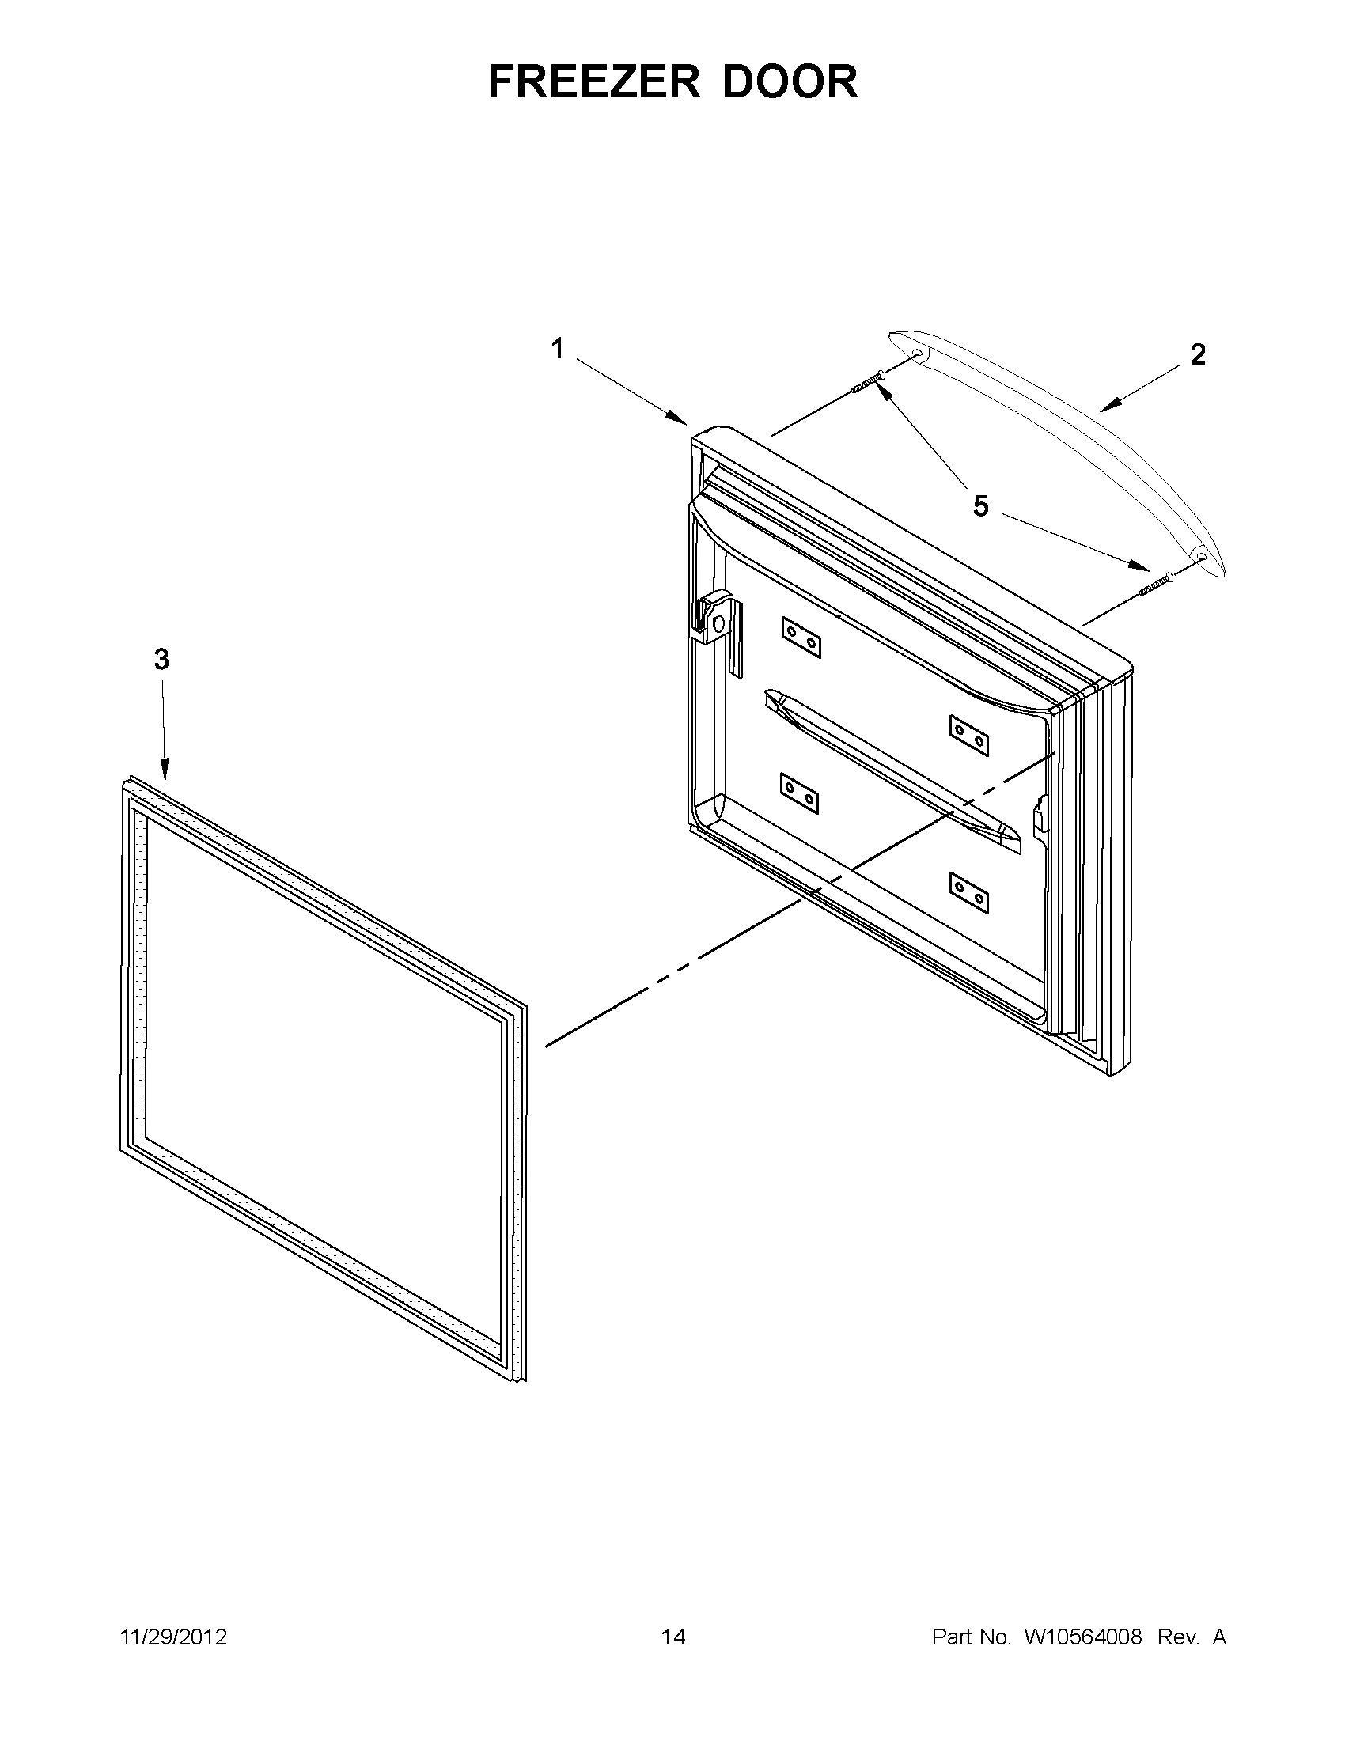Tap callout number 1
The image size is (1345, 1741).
[x=557, y=348]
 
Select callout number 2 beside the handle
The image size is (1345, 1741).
[x=1197, y=354]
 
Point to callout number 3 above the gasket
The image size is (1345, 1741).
[x=161, y=659]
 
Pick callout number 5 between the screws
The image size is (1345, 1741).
[x=979, y=505]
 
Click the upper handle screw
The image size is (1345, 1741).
[x=868, y=381]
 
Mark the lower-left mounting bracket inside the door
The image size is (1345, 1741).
[x=800, y=793]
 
